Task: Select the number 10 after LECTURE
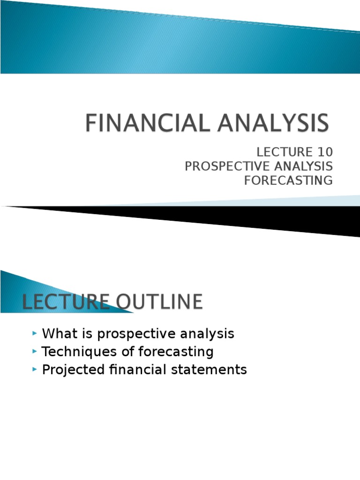(x=324, y=152)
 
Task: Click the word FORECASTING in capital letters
(x=288, y=180)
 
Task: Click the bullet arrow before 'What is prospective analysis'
(x=35, y=333)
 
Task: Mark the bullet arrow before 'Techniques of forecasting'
(x=35, y=351)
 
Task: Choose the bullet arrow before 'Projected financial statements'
(x=35, y=369)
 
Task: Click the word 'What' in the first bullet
(x=57, y=334)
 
